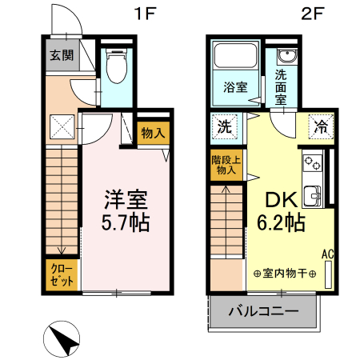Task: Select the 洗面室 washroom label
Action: click(x=282, y=87)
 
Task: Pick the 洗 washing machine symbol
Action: click(x=226, y=125)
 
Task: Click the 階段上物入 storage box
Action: click(x=225, y=164)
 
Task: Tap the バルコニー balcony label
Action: click(x=264, y=311)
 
